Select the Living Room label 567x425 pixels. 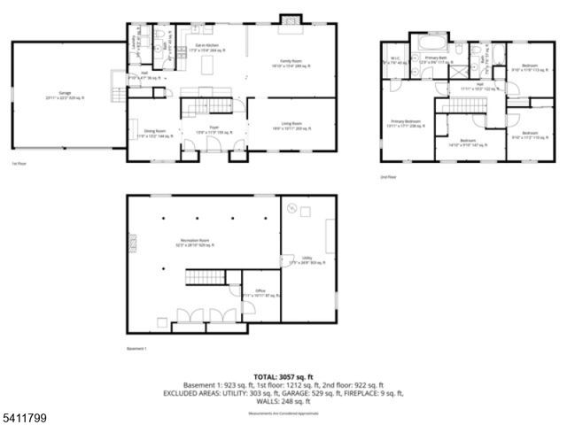291,129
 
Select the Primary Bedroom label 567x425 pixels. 407,124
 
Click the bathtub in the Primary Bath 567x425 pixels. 433,40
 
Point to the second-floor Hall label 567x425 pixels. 467,87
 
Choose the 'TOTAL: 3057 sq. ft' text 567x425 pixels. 283,377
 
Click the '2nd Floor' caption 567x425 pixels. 386,177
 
